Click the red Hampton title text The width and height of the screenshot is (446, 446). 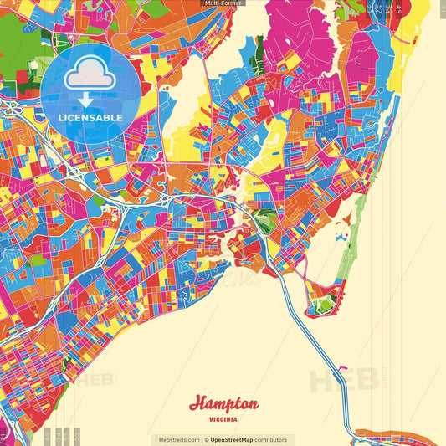[223, 403]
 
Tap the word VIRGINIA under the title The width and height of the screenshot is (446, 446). [223, 418]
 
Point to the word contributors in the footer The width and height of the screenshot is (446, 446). [271, 439]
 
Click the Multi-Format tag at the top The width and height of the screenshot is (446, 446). [223, 3]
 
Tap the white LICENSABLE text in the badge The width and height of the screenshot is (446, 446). [90, 118]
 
